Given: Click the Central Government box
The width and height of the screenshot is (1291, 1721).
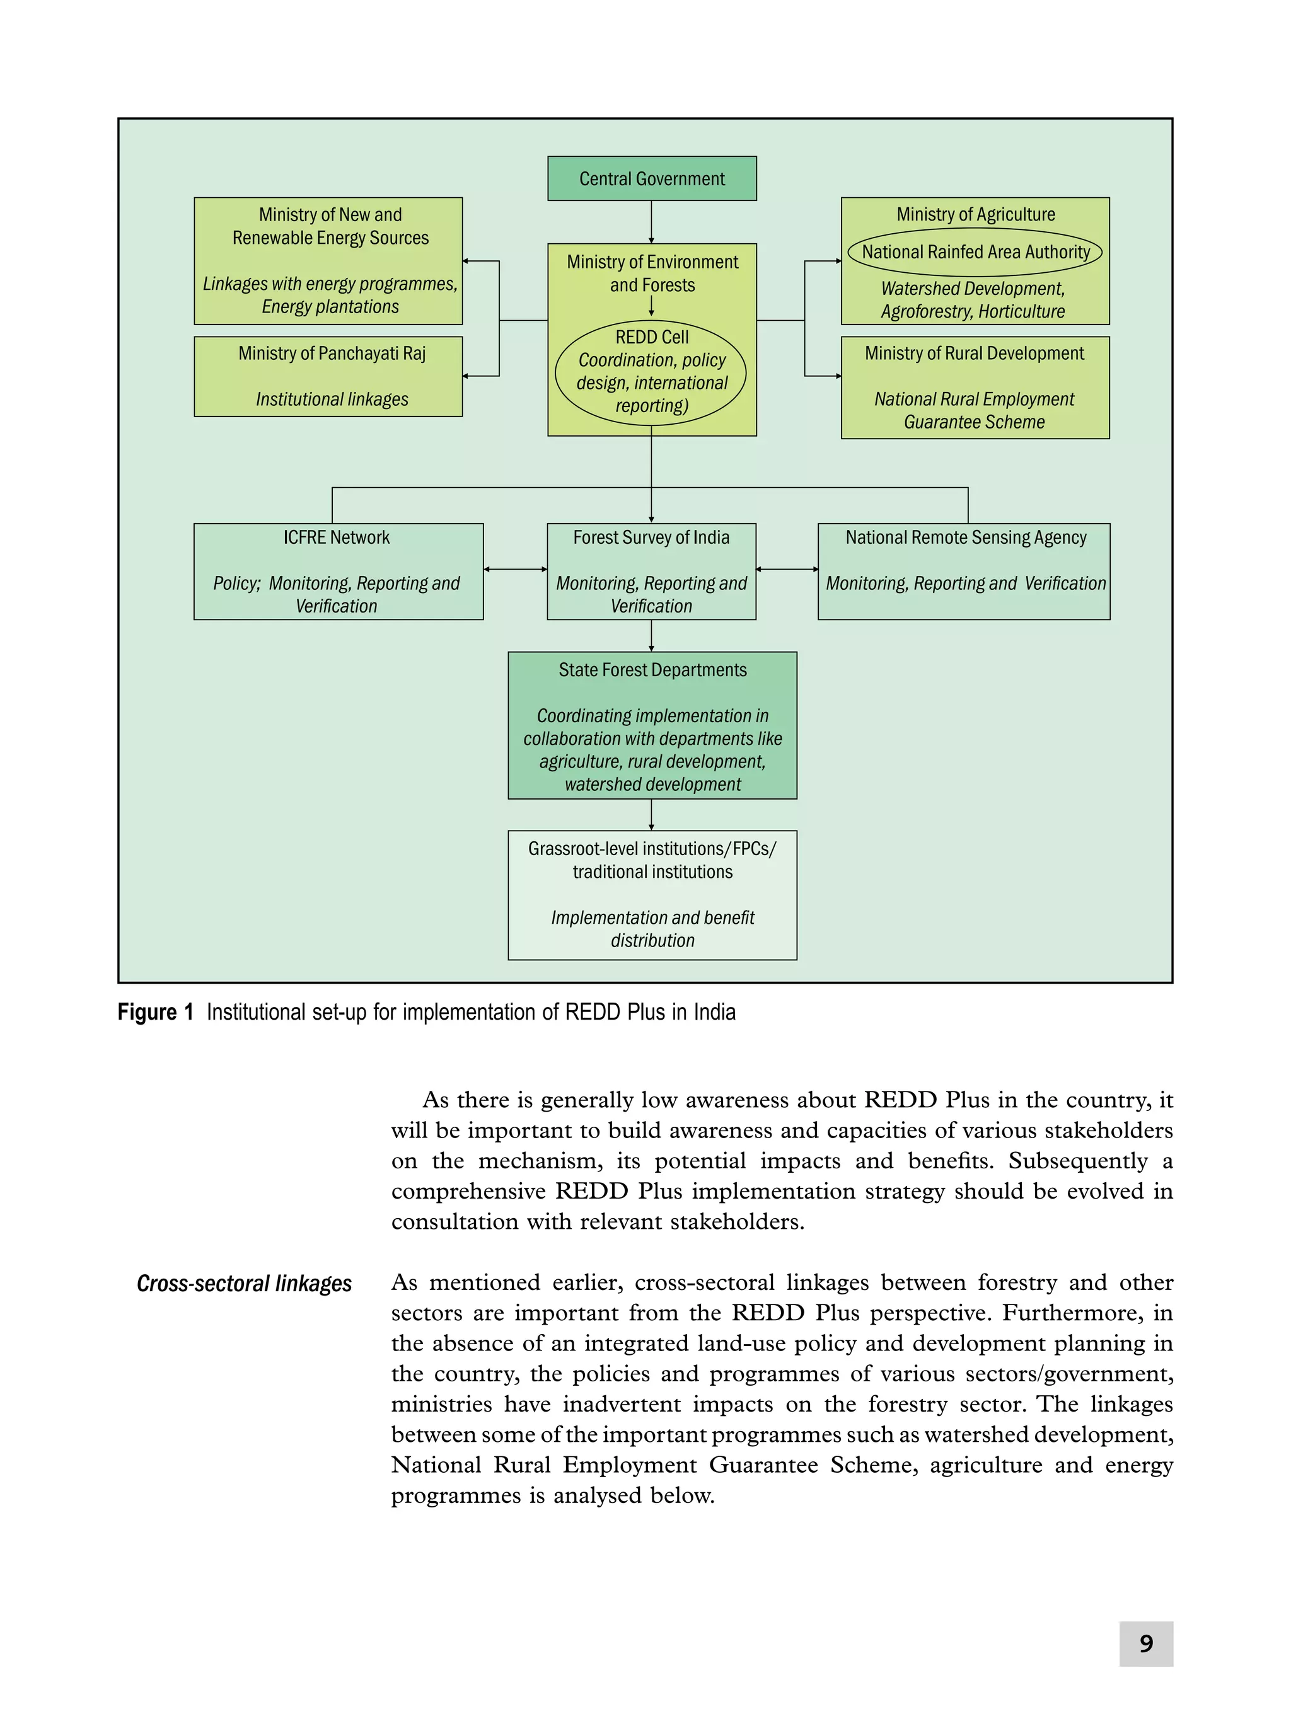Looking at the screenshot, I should pos(651,178).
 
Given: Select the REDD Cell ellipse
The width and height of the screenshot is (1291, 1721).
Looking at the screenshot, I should pos(651,372).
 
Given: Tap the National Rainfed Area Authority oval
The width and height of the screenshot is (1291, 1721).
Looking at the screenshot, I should pos(975,252).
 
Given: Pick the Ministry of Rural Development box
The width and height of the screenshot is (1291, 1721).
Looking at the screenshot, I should pos(975,387).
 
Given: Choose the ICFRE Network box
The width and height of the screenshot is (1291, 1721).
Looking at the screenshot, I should pos(338,570).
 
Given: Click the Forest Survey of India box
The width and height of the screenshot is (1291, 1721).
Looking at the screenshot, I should pos(651,570).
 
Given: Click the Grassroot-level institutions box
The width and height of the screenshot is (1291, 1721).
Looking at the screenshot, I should pos(652,894).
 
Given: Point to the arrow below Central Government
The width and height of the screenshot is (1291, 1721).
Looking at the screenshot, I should pos(651,222).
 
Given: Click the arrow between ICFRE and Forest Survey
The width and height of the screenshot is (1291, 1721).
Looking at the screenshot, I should pos(515,569).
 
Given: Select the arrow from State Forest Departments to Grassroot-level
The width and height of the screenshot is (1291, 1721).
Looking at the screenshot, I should pos(651,815).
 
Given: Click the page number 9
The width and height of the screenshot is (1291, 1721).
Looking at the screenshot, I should pos(1145,1643).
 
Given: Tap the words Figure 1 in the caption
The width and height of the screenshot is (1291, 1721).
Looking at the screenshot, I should pos(155,1011).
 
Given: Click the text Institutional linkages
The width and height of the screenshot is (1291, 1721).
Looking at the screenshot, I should pos(332,399).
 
